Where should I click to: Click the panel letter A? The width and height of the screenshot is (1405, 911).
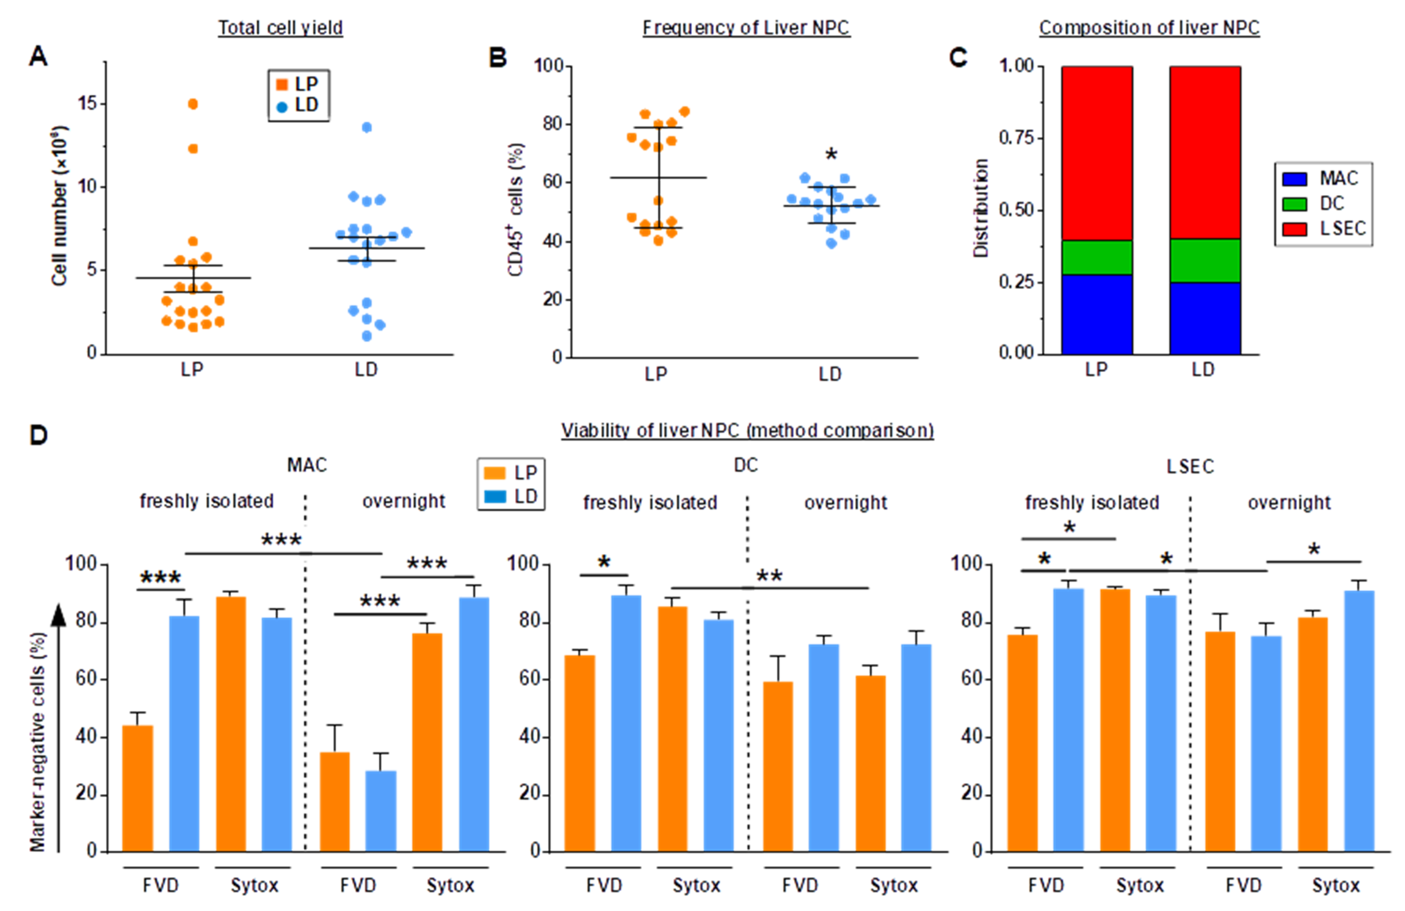point(38,57)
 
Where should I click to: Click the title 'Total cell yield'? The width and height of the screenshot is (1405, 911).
point(280,28)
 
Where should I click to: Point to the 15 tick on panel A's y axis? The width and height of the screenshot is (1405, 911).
point(88,104)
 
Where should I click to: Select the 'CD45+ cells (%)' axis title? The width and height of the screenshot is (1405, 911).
point(515,210)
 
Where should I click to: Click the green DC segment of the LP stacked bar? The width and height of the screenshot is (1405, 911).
point(1096,257)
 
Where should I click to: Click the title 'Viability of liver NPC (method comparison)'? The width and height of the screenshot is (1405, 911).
point(747,430)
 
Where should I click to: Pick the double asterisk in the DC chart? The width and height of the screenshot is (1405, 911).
point(769,575)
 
